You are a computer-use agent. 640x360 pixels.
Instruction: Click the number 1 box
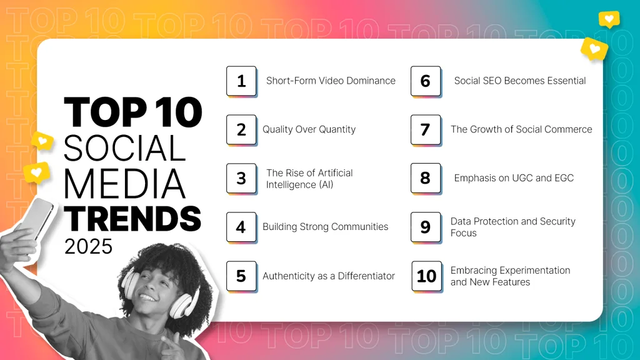[241, 81]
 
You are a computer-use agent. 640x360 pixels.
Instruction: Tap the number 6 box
[426, 81]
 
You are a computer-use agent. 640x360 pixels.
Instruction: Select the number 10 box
[426, 276]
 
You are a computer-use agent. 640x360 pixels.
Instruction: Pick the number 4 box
[241, 227]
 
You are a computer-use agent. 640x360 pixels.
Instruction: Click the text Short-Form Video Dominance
[331, 81]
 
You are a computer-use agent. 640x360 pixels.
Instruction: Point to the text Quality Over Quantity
[309, 129]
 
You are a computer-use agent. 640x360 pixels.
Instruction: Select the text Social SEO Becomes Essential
[519, 81]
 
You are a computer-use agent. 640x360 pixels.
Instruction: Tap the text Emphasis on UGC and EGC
[513, 178]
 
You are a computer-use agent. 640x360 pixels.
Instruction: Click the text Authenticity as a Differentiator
[329, 276]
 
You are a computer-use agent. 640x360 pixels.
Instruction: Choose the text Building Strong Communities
[325, 227]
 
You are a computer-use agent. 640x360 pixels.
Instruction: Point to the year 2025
[88, 246]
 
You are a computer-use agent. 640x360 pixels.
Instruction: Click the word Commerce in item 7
[563, 129]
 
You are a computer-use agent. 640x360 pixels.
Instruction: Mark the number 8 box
[426, 178]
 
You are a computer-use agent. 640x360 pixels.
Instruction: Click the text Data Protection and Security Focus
[512, 227]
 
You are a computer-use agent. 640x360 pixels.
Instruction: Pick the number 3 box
[241, 178]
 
